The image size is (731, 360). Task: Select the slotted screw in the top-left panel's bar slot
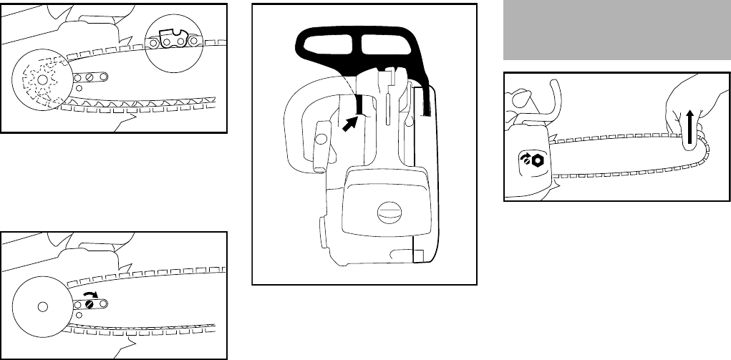90,77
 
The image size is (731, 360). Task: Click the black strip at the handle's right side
427,96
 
